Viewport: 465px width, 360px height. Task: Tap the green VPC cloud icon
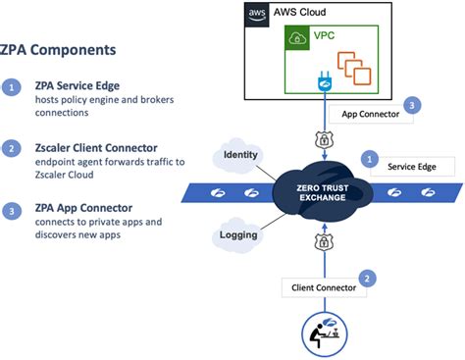(295, 40)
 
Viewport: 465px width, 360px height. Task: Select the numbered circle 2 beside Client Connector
(367, 279)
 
